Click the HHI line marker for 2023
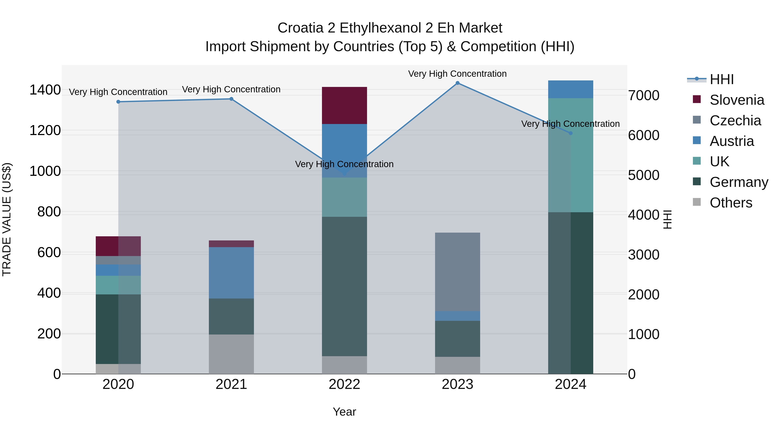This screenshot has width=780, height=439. tap(458, 83)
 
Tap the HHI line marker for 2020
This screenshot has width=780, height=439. tap(118, 102)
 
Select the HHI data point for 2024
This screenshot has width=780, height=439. tap(570, 133)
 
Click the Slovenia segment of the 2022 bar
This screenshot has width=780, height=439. tap(344, 105)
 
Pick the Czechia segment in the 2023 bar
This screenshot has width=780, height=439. tap(458, 272)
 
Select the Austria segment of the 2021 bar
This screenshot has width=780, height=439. tap(231, 273)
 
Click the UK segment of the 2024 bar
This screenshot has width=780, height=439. tap(570, 155)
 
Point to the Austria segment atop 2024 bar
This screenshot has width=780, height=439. tap(570, 89)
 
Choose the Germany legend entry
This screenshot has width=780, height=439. tap(739, 182)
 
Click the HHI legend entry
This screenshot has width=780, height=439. tap(721, 79)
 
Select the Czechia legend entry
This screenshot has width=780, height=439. tap(735, 121)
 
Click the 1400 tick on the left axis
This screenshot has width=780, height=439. tap(45, 90)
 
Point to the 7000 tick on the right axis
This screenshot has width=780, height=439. tap(643, 95)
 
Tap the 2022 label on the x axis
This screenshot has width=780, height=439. tap(344, 384)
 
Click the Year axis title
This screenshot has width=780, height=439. tap(344, 412)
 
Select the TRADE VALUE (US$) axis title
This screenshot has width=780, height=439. tap(7, 219)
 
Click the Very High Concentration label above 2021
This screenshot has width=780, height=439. tap(231, 89)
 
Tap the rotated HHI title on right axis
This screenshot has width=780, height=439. tap(667, 219)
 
